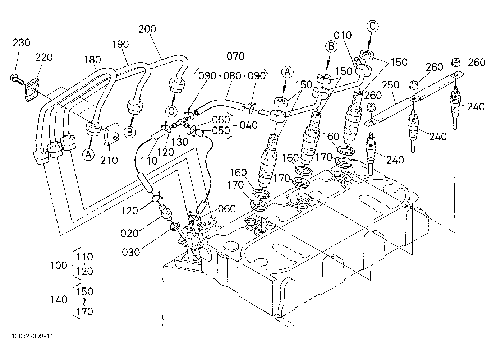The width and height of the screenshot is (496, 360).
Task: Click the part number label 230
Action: [21, 43]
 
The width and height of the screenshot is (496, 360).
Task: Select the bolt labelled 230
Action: [16, 80]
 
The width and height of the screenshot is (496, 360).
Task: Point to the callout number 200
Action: [147, 29]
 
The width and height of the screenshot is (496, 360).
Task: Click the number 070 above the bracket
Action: [235, 56]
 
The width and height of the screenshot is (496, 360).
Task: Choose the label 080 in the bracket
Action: [232, 76]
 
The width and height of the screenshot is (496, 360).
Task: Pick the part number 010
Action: [343, 36]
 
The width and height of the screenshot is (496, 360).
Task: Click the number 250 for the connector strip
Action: [391, 85]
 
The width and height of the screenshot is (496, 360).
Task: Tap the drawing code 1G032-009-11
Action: [33, 336]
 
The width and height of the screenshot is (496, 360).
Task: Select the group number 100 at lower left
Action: [59, 265]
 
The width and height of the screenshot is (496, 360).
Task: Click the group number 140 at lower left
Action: [59, 300]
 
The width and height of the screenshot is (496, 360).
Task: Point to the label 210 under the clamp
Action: [109, 161]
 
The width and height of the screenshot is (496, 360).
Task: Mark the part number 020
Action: [129, 234]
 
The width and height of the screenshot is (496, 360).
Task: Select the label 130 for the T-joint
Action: [180, 142]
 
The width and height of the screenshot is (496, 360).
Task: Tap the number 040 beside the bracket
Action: [249, 125]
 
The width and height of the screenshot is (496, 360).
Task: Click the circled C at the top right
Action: [372, 26]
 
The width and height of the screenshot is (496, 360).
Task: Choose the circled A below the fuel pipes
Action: [88, 154]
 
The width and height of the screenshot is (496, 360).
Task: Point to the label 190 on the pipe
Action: [120, 45]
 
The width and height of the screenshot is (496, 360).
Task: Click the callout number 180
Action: [92, 60]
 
